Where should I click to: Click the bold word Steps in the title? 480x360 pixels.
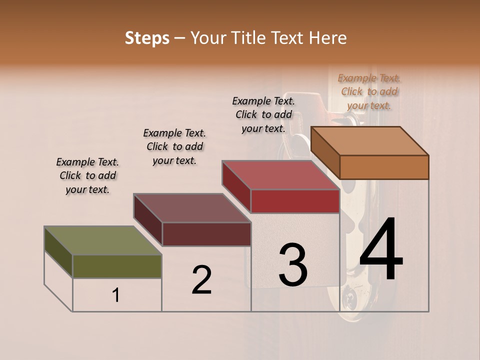147,38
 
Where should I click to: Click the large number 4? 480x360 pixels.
381,250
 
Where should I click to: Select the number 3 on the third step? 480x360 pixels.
293,265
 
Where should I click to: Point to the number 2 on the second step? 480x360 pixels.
201,280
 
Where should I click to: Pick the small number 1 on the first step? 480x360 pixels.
115,295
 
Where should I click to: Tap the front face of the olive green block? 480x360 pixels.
117,266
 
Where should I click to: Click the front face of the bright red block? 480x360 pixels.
295,201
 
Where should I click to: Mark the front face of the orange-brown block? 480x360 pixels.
384,167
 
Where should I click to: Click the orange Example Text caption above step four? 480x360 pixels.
369,91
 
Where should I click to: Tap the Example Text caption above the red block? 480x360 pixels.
263,114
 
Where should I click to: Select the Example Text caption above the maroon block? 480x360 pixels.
174,146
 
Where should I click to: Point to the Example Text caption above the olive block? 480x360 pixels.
87,175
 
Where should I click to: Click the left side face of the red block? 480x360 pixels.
236,187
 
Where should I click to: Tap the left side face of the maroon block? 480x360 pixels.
148,220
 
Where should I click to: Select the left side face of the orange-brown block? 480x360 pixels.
325,152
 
